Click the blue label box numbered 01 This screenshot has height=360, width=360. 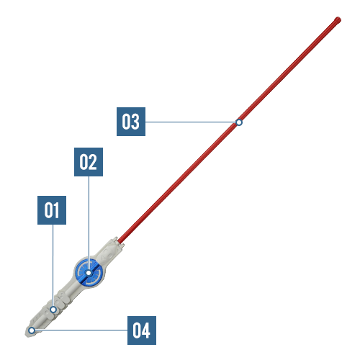pos(52,210)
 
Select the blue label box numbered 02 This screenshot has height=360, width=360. pos(89,162)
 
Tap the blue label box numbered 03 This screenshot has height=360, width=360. pos(131,122)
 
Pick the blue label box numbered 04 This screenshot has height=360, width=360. pos(142,330)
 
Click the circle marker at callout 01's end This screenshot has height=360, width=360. pos(53,310)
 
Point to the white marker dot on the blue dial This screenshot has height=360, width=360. pos(89,273)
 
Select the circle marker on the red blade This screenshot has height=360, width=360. pos(239,122)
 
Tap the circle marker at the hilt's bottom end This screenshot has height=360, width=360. pos(32,330)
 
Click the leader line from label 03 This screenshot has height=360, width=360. pos(191,122)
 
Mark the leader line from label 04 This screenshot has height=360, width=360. pos(81,330)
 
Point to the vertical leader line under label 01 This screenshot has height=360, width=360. pos(53,266)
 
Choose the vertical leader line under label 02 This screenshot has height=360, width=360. pos(89,223)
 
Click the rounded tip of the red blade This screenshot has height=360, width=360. pos(338,20)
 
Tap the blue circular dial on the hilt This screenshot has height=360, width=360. pos(89,273)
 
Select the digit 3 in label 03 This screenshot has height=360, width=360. pos(135,122)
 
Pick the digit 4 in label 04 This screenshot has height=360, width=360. pos(145,330)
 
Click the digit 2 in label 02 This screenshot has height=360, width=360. pos(92,162)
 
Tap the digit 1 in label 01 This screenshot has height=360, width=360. pos(55,210)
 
